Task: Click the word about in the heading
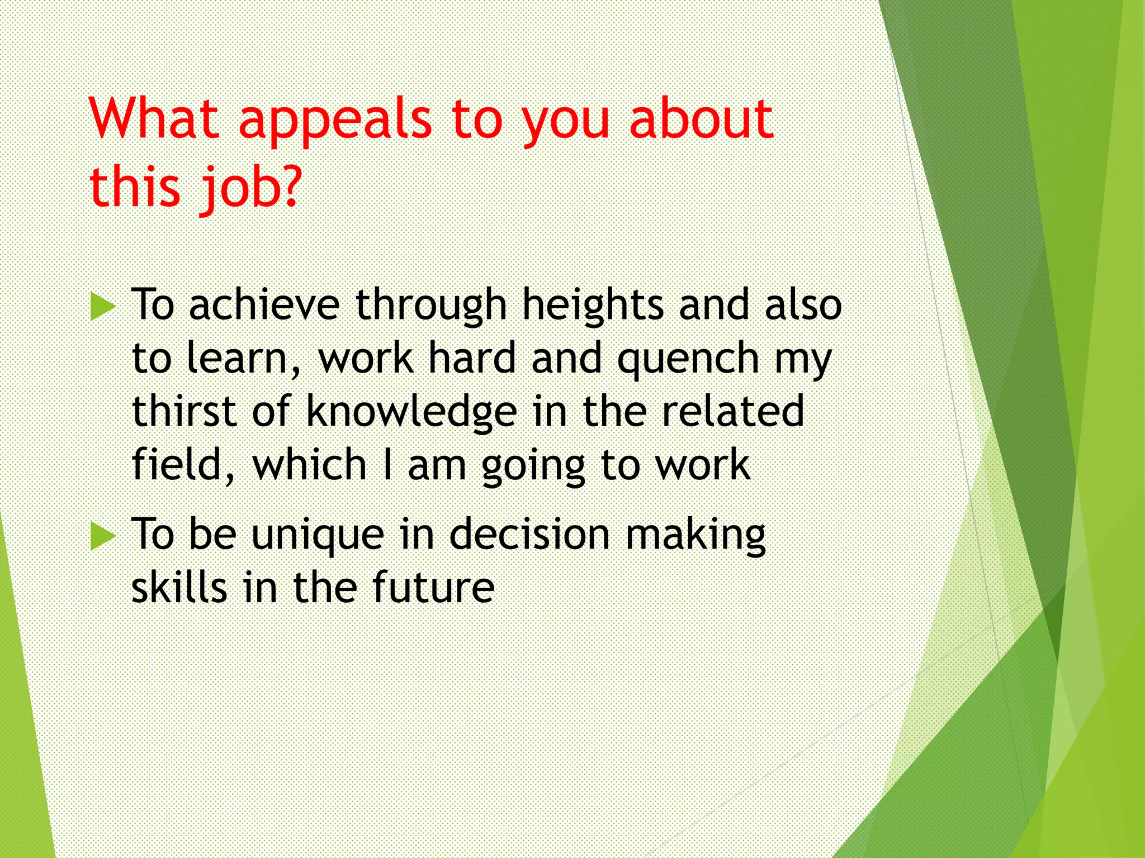point(701,118)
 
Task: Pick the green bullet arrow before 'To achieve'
point(103,306)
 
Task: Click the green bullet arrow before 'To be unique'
point(103,536)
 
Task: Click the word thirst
point(184,411)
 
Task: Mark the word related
point(733,411)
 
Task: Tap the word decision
point(529,534)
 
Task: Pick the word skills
point(179,588)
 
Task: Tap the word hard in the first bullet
point(472,359)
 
